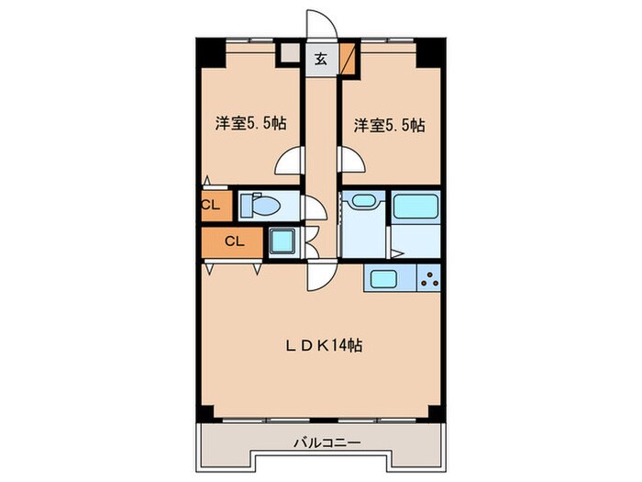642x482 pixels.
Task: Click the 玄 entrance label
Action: coord(321,60)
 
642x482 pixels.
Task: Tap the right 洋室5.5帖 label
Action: coord(385,126)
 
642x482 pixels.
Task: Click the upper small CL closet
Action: coord(210,205)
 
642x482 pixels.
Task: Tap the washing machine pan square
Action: coord(283,242)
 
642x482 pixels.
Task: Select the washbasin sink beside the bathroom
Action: coord(360,201)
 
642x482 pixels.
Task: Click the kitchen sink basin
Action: coord(382,278)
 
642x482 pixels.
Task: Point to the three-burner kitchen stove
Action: coord(428,278)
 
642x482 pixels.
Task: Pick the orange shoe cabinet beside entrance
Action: coord(347,60)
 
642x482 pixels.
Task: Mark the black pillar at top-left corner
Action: coord(211,52)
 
